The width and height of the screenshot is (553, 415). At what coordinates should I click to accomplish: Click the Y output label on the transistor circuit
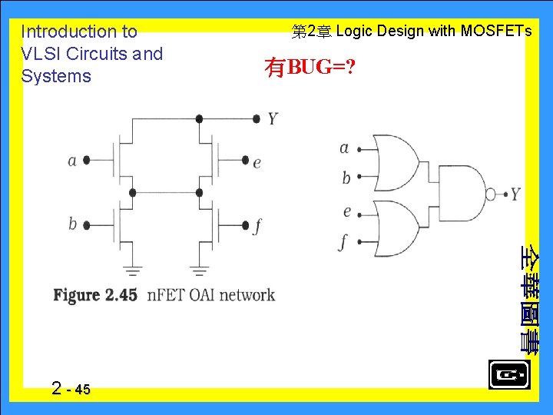point(273,118)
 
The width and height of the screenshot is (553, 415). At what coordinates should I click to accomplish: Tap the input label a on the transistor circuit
point(72,161)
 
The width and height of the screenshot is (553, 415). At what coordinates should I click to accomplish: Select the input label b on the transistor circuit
point(72,224)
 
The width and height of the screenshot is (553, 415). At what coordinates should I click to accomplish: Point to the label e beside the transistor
point(257,161)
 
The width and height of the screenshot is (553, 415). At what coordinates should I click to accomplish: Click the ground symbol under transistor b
point(133,270)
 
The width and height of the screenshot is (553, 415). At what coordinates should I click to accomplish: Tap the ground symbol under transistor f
point(200,270)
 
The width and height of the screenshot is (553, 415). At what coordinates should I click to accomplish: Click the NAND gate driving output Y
point(459,194)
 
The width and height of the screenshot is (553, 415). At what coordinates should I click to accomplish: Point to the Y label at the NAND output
point(515,194)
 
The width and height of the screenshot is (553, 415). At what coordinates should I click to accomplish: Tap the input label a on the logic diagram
point(344,148)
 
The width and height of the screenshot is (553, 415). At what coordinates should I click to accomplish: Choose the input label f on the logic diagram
point(344,241)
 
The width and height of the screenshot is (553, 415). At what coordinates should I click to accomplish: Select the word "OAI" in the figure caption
point(199,295)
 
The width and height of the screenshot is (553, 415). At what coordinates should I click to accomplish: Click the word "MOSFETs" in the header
point(495,32)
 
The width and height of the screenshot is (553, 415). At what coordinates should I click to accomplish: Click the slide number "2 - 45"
point(71,389)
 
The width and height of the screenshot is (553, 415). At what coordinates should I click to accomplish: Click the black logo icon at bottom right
point(508,375)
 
